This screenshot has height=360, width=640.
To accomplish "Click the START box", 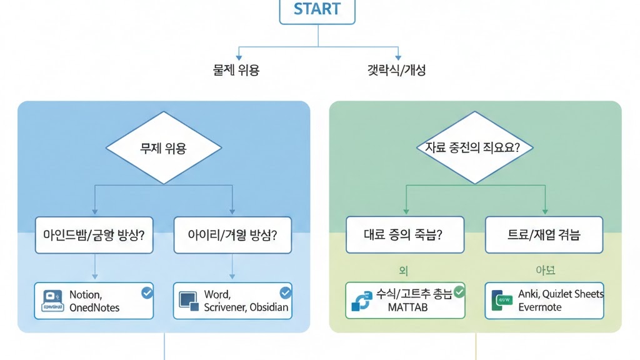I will click(x=317, y=11).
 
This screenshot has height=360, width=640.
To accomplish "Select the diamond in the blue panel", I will click(x=164, y=148).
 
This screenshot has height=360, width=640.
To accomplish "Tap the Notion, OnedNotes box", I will click(x=94, y=301).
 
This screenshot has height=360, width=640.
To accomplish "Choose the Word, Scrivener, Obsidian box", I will click(x=232, y=301).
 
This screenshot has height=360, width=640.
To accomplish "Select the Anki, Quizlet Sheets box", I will click(x=544, y=301).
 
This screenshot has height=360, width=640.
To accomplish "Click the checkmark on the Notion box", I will click(x=146, y=292).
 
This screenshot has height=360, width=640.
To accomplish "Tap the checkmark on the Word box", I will click(x=285, y=292).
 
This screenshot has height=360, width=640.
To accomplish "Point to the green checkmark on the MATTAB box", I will click(x=459, y=292).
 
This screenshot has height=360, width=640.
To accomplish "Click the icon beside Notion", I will click(x=52, y=301).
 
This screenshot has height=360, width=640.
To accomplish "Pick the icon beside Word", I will click(x=189, y=300).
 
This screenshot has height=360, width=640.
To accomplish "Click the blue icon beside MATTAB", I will click(x=362, y=301).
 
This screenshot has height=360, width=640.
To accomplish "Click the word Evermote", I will click(x=540, y=307).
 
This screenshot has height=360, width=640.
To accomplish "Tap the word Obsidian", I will click(x=269, y=307).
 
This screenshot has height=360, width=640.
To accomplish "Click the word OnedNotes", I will click(x=94, y=307).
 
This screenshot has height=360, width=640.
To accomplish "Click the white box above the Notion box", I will click(x=94, y=235).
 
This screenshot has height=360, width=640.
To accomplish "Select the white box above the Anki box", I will click(x=544, y=235).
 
